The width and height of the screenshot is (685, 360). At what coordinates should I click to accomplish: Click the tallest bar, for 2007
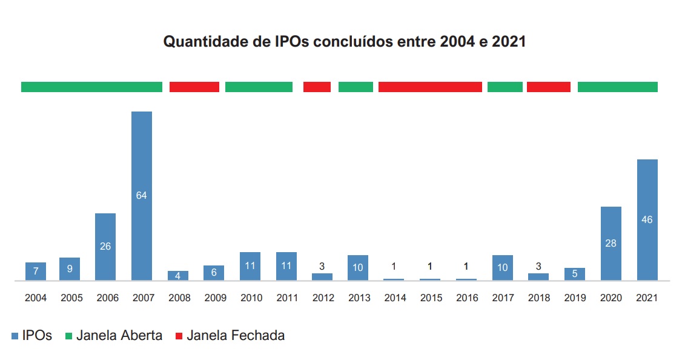coord(141,195)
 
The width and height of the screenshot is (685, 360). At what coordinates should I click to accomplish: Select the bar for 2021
coord(647,219)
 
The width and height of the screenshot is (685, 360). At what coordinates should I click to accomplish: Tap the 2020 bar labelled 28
coord(611,243)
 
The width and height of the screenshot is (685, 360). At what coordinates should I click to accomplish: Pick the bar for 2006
coord(105,246)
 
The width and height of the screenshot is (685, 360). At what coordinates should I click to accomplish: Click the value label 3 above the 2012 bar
coord(322,265)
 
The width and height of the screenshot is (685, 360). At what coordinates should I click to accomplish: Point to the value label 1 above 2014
coord(394,266)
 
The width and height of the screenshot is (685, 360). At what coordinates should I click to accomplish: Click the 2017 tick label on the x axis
coord(502,298)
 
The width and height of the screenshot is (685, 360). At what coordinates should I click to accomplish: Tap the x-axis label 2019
coord(574,298)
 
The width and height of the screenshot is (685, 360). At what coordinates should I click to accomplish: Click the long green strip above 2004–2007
coord(91,87)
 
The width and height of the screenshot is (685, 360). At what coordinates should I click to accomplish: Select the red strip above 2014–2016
coord(430,87)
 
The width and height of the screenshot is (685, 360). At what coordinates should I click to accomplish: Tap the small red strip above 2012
coord(317,87)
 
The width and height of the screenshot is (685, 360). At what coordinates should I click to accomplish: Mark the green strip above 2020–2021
coord(617,87)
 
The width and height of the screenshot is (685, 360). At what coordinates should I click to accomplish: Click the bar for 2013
coord(358,267)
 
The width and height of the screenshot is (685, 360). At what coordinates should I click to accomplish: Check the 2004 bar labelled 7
coord(36,271)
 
